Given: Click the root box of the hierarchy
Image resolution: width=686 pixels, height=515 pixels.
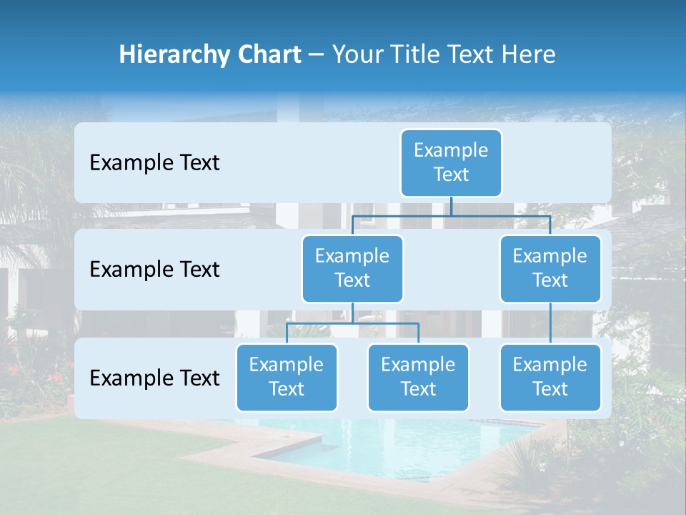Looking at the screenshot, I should pos(451,162).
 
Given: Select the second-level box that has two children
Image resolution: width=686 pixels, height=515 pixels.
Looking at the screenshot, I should pos(352,268).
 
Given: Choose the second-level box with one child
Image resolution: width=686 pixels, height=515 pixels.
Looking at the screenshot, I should pos(550,268).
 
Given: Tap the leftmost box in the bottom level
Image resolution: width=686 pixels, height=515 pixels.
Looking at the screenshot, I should pos(287,377).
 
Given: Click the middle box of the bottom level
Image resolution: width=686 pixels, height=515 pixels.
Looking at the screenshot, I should pos(418,377).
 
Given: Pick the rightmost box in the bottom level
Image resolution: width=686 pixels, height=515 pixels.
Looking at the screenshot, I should pos(550,377).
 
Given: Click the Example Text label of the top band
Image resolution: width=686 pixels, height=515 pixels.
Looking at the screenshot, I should pos(154,163).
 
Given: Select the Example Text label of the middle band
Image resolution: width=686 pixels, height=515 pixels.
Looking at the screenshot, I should pos(154,270).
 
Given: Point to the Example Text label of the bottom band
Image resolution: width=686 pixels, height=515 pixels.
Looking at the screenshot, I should pos(154,378).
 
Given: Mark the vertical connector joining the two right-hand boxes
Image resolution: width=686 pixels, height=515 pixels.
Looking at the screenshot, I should pos(550,323).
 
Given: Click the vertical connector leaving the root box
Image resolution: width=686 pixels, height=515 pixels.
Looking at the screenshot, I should pos(451,206).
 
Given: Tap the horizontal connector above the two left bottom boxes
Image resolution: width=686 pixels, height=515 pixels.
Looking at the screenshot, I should pos(352,323).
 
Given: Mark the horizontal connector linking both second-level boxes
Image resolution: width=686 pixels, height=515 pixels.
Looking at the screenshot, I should pos(451,215).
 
